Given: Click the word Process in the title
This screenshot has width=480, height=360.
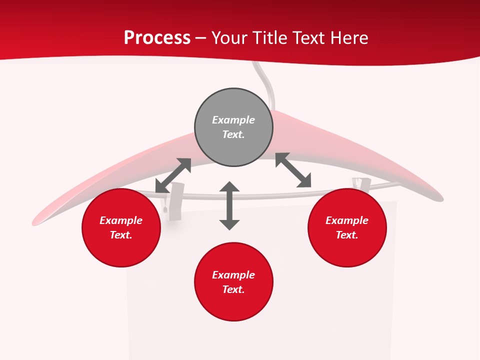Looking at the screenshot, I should click(157, 38).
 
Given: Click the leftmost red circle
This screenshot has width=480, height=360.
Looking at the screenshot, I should click(121, 227).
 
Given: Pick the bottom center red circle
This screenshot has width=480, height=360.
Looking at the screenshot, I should click(233, 282).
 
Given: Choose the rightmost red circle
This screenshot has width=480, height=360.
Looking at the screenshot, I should click(347, 227).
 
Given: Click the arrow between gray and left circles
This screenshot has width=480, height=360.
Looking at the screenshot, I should click(173, 175).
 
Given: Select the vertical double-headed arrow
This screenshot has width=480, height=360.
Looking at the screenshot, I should click(229, 205).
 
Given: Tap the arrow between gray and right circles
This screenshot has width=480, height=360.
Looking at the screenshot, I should click(293, 170).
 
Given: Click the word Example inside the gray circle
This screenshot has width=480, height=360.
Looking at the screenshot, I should click(233, 120).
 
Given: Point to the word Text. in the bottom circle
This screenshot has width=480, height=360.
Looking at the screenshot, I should click(233, 289).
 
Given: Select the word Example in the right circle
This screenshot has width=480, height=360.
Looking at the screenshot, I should click(347, 220).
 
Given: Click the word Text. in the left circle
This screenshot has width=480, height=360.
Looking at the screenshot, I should click(121, 235).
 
